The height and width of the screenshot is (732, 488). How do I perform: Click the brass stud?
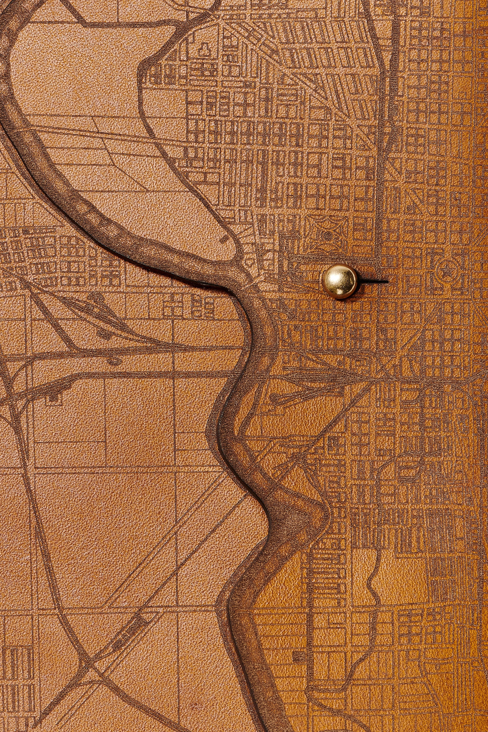click(x=340, y=281)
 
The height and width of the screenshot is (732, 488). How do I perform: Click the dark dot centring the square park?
click(x=327, y=236)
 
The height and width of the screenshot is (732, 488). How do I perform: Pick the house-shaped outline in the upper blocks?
click(x=205, y=47)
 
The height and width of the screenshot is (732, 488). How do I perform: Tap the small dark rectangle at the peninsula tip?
click(x=225, y=240)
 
